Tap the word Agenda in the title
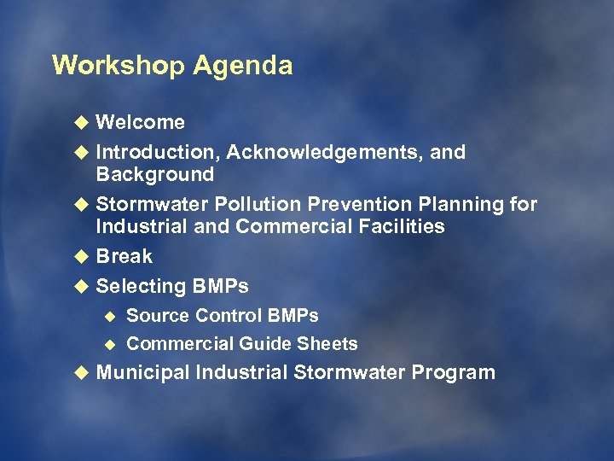[x=242, y=66]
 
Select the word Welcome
[x=140, y=122]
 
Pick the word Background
[x=154, y=174]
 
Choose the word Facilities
[x=402, y=226]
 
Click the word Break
[x=124, y=256]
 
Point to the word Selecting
[x=141, y=286]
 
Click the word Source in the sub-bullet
[x=157, y=316]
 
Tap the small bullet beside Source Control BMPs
[x=108, y=316]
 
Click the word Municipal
[x=142, y=373]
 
